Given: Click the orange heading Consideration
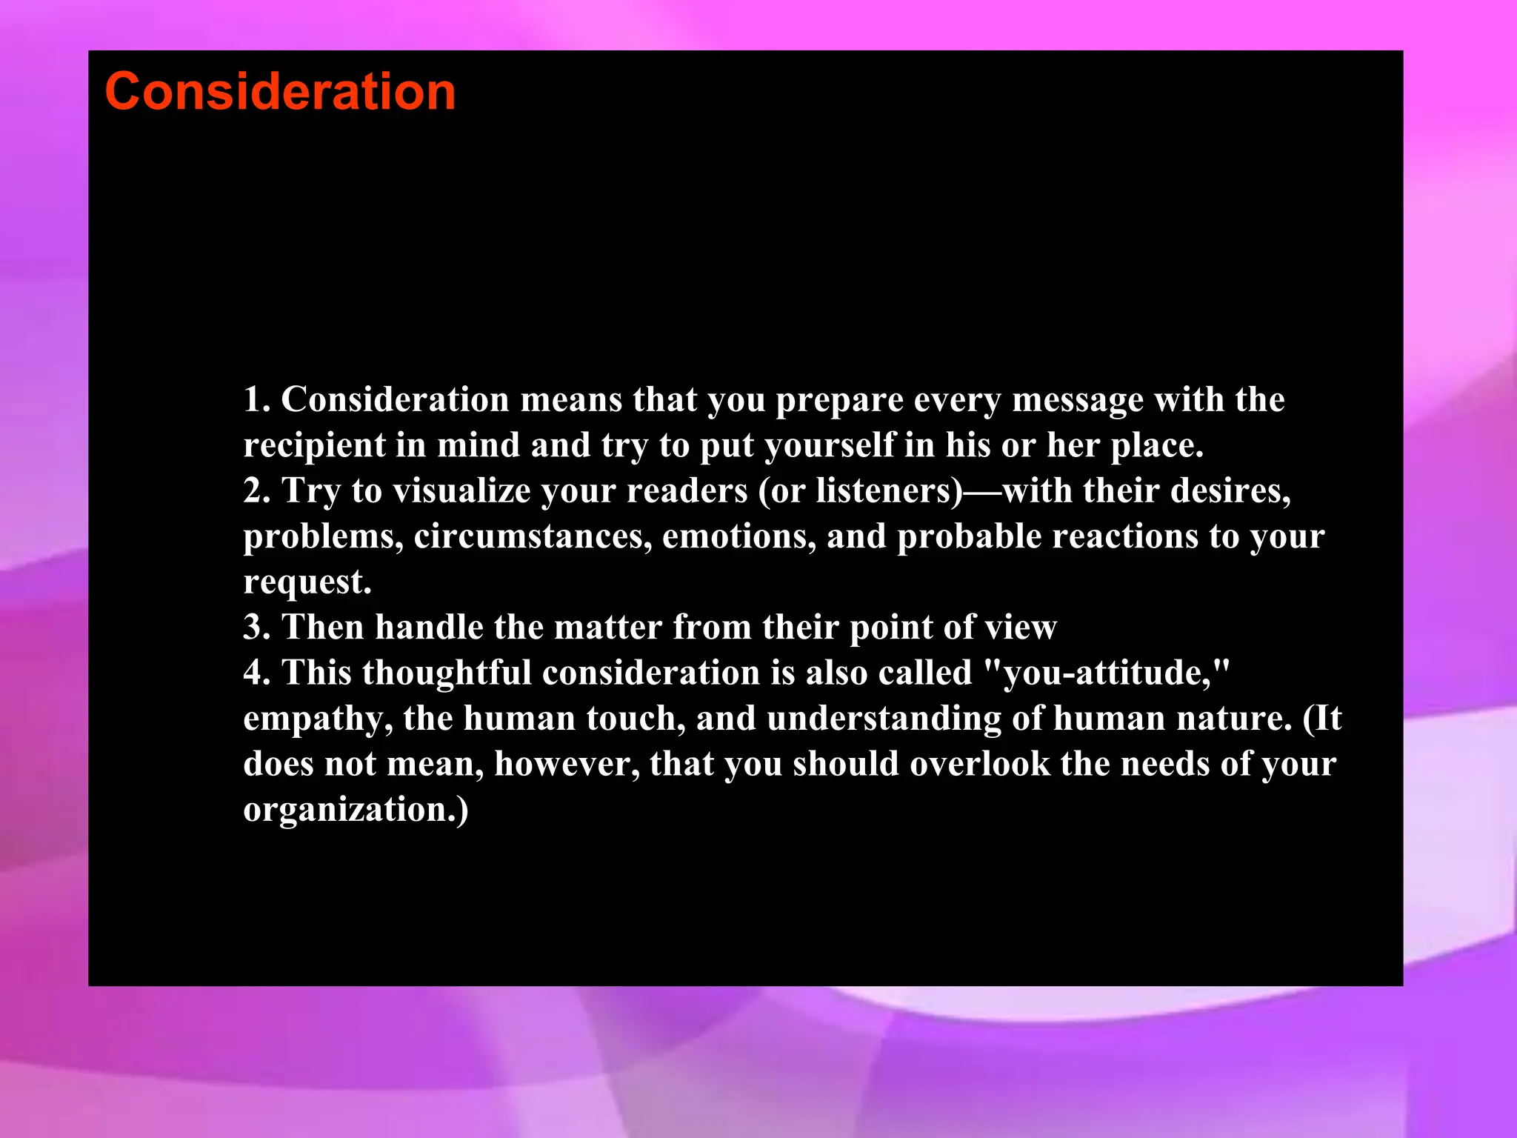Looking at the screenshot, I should [x=280, y=92].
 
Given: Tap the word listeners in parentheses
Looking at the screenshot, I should [x=889, y=491].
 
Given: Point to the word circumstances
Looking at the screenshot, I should [x=533, y=536].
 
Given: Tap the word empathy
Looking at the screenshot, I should [x=317, y=719].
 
